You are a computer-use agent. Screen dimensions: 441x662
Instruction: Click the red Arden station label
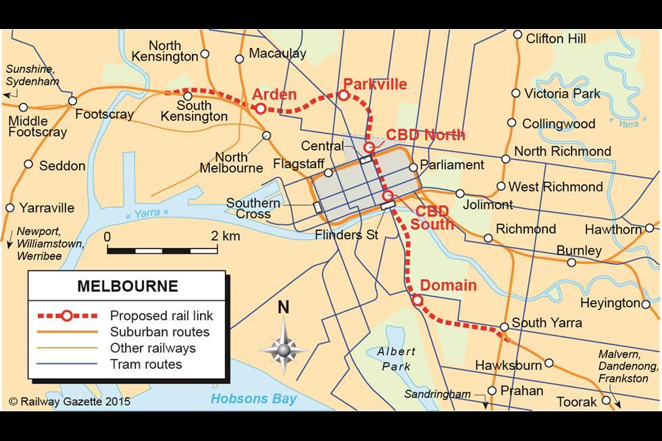[274, 94]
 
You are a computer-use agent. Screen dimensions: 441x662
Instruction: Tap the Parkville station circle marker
[343, 96]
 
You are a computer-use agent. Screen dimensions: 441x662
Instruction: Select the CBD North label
[426, 134]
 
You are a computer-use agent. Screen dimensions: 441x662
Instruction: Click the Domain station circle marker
[417, 300]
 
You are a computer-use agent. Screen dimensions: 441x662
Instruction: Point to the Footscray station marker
[72, 101]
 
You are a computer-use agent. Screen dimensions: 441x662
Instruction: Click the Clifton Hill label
[556, 38]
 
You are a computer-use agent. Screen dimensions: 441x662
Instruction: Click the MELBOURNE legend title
[128, 286]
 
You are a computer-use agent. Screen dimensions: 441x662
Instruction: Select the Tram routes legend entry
[146, 365]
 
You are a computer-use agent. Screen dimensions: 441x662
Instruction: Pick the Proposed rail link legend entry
[161, 315]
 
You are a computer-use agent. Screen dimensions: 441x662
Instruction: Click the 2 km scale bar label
[225, 236]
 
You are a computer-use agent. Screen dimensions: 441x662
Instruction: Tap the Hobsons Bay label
[253, 399]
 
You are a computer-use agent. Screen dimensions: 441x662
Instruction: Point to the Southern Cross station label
[253, 209]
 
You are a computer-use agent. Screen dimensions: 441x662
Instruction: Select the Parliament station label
[452, 165]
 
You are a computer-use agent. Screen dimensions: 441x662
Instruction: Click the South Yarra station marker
[504, 328]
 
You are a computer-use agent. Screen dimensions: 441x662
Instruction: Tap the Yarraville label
[47, 208]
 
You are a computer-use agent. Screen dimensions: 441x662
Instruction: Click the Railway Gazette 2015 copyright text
[70, 402]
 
